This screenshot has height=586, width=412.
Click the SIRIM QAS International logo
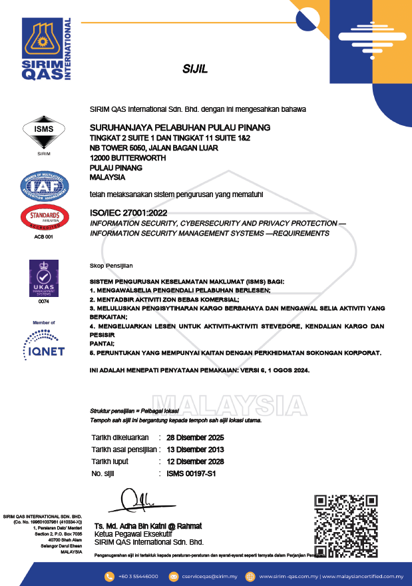point(47,50)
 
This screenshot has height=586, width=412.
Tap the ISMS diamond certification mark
point(43,133)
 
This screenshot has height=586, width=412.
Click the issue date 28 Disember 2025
point(195,438)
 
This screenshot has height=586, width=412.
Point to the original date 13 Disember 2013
point(195,450)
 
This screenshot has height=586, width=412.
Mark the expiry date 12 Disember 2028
point(195,461)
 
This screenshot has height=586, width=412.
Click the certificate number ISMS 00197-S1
point(191,473)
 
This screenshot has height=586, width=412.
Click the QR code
point(345,525)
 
